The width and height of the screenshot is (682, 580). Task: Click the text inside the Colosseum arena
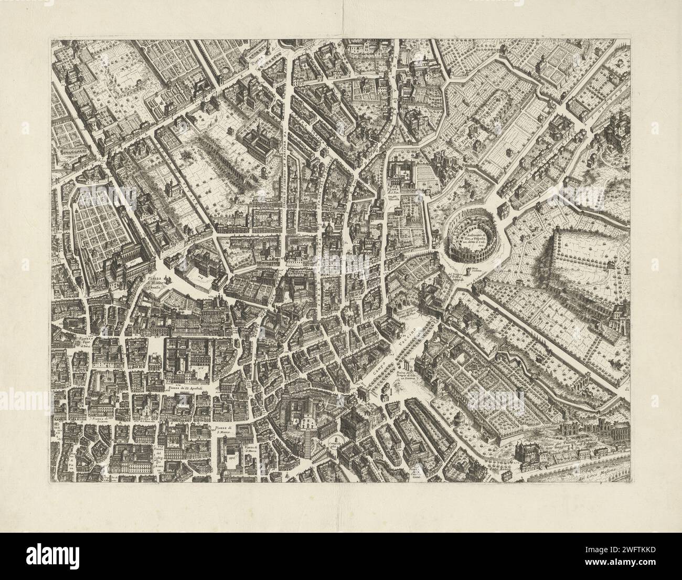[474, 239]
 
